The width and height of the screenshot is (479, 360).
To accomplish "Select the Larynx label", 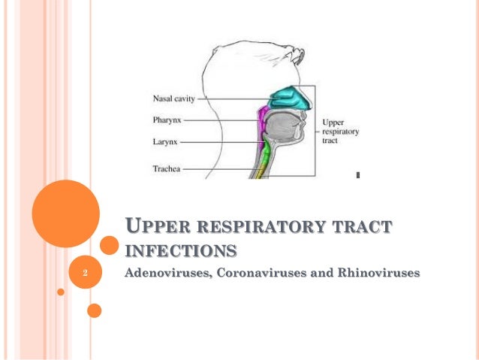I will pos(166,141).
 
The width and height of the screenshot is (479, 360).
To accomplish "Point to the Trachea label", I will pos(167,169).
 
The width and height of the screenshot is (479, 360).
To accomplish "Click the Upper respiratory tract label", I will pos(340,131).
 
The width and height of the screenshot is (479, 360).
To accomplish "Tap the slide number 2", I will pos(86,273).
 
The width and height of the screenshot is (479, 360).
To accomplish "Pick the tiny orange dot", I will pos(61,291).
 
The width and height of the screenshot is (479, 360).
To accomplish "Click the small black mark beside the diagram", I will pos(357,176).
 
